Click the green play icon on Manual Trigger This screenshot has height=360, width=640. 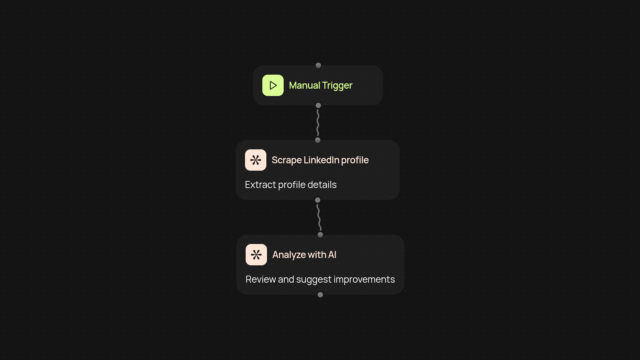coord(273,85)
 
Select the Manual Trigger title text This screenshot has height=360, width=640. coord(320,85)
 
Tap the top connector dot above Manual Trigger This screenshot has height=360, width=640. coord(318,65)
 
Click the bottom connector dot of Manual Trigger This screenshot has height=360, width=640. coord(318,105)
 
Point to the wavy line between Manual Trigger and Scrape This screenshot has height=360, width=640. coord(318,123)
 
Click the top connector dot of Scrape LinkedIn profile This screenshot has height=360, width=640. coord(318,140)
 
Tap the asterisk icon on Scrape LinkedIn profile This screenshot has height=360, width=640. coord(256,160)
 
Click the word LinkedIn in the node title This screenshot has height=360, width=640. coord(321,160)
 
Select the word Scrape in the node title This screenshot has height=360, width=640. coord(286,160)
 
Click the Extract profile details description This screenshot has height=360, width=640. coord(291,185)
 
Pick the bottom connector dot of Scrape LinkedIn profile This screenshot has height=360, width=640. coord(318,200)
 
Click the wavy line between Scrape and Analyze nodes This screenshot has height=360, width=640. coord(319,217)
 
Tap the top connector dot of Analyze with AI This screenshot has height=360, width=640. coord(320,235)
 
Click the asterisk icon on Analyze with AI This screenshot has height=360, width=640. coord(256,255)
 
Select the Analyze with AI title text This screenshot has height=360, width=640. coord(304,255)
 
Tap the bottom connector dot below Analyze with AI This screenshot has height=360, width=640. coord(320,295)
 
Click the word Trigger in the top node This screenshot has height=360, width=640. coord(337,85)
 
